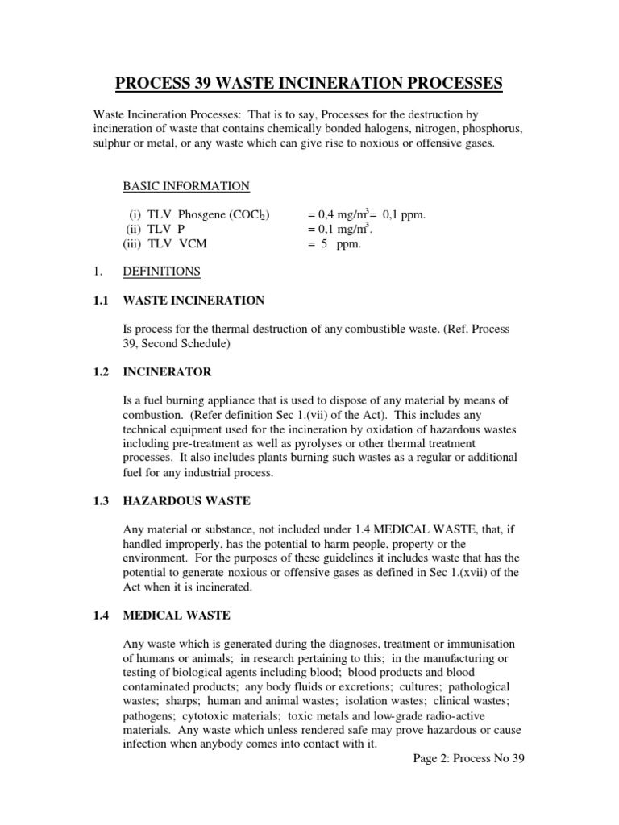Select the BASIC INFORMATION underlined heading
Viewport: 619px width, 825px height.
point(185,186)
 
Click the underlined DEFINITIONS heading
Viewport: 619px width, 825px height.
point(161,272)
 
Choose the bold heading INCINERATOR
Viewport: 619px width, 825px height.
point(167,372)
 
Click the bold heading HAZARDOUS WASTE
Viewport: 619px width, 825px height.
point(186,501)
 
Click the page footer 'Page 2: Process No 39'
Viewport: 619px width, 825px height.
point(468,759)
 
